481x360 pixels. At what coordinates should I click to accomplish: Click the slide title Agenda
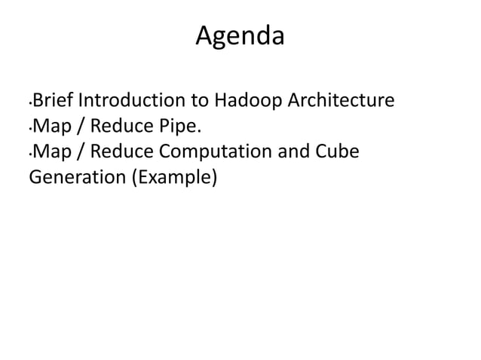pos(240,35)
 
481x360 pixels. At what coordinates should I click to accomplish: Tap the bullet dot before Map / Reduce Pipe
pos(30,129)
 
